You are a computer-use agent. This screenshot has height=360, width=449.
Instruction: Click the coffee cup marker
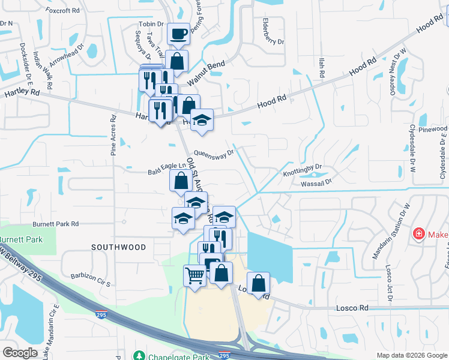tap(178, 34)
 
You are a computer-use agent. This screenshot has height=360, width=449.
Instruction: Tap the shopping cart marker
tap(194, 277)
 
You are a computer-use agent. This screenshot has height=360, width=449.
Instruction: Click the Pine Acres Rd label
tap(113, 136)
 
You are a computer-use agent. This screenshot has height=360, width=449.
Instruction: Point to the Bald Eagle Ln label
tap(163, 172)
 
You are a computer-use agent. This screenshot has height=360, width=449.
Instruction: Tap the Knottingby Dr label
tap(303, 170)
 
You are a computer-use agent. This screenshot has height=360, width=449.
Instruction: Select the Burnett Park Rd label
tap(56, 223)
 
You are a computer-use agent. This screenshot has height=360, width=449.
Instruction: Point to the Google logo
tap(20, 352)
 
